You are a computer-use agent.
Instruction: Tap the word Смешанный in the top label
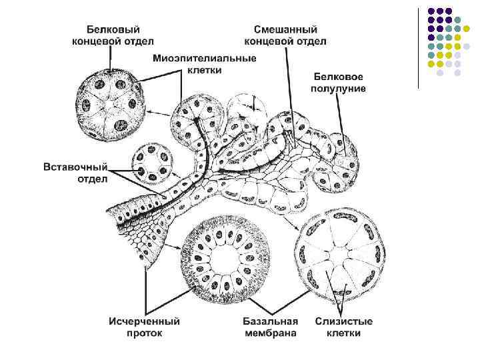[286, 31]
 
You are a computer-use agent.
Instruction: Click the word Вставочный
[75, 166]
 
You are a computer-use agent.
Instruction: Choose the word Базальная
[269, 321]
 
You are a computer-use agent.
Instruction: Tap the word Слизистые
[344, 321]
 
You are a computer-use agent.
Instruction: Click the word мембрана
[269, 333]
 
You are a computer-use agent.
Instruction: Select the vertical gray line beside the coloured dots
[419, 47]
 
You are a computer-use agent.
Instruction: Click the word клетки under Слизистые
[344, 333]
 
